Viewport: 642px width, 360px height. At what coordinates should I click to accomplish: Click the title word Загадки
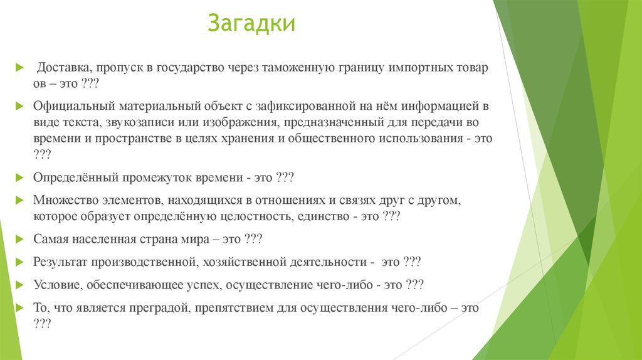(x=251, y=24)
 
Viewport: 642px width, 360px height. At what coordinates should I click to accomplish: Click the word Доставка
(x=65, y=68)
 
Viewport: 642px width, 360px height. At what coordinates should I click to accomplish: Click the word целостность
(x=270, y=217)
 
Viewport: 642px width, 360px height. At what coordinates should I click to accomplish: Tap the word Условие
(x=55, y=285)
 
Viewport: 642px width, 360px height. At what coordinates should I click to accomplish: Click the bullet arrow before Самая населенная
(x=19, y=240)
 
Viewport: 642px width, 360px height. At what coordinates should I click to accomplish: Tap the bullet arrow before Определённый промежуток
(x=19, y=178)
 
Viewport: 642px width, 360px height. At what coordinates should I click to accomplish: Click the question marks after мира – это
(x=253, y=240)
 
